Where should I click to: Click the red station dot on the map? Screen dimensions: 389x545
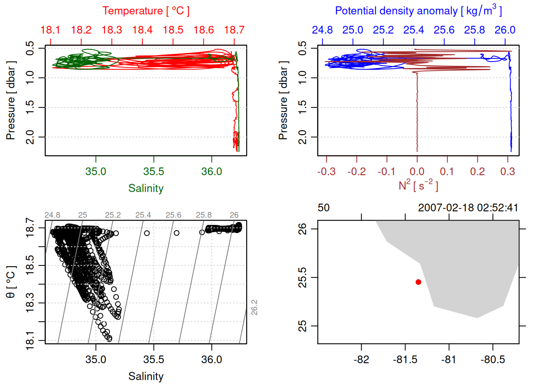point(418,282)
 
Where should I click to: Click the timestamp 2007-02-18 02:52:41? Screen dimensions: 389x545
point(468,208)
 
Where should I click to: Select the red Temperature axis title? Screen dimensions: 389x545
point(146,11)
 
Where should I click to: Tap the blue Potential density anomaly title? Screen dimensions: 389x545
point(418,11)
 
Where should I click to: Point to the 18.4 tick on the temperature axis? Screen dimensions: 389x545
point(142,30)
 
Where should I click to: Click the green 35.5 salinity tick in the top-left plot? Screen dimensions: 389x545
point(154,171)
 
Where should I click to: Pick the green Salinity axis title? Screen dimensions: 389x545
point(146,188)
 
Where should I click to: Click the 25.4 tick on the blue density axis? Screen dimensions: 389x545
point(414,30)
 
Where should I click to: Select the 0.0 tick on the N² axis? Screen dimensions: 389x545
point(417,171)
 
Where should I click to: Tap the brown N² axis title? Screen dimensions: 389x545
point(418,185)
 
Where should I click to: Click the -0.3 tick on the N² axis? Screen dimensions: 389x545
point(326,171)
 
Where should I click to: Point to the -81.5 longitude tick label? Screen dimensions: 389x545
point(405,359)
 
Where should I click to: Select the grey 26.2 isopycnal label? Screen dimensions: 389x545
point(254,307)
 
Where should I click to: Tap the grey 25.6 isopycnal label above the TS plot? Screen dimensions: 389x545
point(173,215)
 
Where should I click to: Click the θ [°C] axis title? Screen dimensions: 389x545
point(11,282)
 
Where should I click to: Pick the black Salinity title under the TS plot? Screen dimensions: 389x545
point(146,376)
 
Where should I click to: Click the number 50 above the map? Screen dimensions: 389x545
point(324,208)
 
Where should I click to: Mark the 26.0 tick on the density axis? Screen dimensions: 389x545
point(505,30)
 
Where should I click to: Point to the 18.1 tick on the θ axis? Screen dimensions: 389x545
point(30,340)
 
